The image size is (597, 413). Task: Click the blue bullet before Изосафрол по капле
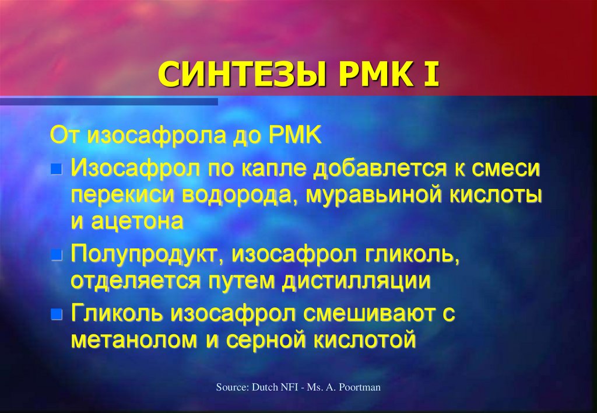pos(56,170)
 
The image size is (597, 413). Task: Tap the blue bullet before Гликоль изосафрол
pos(56,315)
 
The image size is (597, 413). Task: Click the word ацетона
pos(136,222)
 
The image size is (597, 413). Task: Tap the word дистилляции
pos(356,281)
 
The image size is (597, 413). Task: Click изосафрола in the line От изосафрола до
pos(155,136)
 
